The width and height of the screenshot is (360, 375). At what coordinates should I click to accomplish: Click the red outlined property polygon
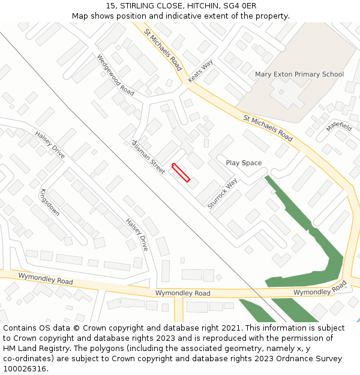(181, 172)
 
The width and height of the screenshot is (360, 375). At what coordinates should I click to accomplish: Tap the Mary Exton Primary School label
(299, 74)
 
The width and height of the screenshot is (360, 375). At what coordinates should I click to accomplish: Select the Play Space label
(244, 163)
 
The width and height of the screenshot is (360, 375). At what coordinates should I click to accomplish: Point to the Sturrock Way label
(223, 193)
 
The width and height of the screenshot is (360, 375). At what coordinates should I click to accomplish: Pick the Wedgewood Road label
(116, 75)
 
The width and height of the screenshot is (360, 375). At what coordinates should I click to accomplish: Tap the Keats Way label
(200, 71)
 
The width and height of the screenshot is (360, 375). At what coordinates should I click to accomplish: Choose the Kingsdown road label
(49, 202)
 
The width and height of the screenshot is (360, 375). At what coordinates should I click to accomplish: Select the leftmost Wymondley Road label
(46, 278)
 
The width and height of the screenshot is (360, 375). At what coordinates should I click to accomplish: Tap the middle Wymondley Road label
(183, 293)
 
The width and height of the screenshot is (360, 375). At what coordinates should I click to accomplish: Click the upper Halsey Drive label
(50, 145)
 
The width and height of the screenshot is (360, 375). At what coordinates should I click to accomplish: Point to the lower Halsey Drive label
(137, 234)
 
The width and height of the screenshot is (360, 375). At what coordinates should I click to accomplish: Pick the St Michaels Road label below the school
(268, 128)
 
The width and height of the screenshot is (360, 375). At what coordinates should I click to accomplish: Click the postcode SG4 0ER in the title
(241, 5)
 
